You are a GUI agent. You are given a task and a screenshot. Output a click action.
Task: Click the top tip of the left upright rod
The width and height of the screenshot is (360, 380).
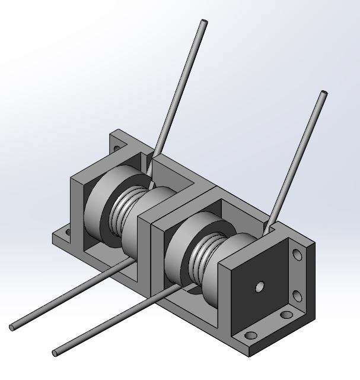(204, 23)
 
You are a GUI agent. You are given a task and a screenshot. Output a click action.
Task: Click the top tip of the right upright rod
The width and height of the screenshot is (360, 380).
(323, 94)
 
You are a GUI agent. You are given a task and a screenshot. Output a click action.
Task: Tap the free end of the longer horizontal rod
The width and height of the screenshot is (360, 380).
(13, 327)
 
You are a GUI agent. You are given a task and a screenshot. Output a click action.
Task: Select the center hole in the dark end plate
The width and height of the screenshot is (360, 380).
(259, 287)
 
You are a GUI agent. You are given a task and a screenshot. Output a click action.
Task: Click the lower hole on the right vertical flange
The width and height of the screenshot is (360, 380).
(295, 295)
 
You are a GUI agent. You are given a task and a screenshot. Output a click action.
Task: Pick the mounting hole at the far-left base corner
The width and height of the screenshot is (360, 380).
(67, 232)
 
